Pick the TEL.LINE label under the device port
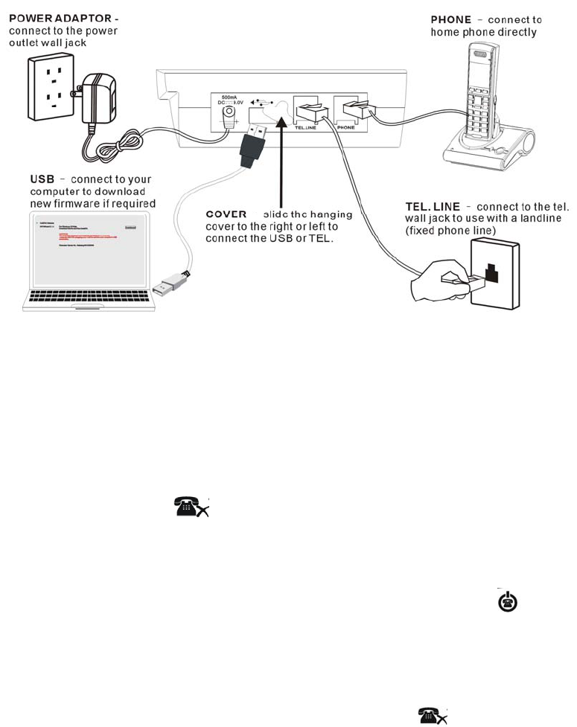click(305, 128)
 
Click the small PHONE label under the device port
click(347, 128)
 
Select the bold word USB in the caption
click(42, 179)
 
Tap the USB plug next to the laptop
click(167, 284)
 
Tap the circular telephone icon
click(503, 602)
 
